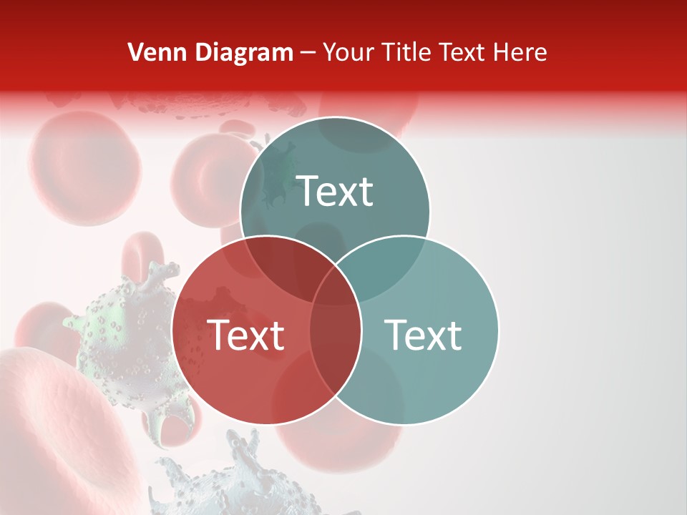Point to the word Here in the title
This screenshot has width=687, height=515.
(x=520, y=52)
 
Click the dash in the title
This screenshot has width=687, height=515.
(x=308, y=53)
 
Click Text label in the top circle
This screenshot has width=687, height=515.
(x=335, y=192)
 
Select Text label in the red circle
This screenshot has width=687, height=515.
(x=245, y=335)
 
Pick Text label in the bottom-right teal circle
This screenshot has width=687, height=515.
(x=424, y=335)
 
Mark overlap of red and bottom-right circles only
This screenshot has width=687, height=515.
(x=335, y=343)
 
